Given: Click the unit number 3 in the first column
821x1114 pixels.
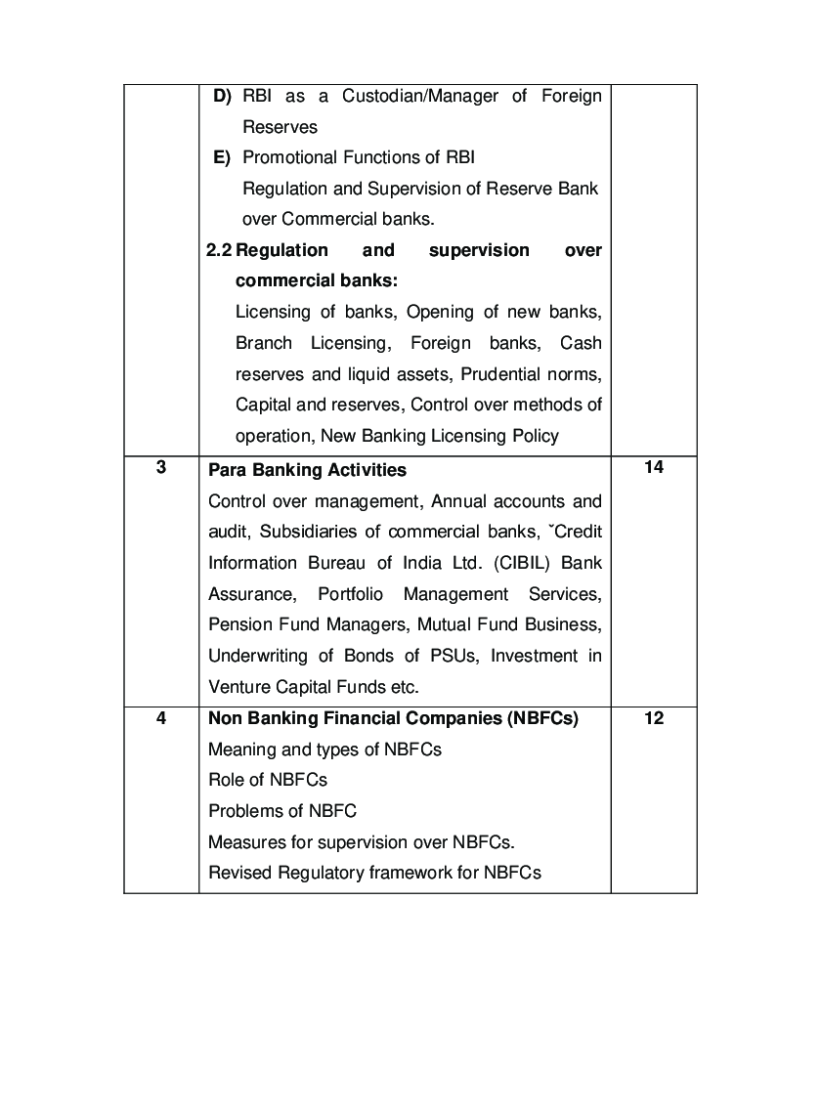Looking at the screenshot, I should coord(160,467).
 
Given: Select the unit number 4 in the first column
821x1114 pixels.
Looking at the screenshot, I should coord(160,718).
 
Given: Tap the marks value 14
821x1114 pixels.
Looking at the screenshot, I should coord(654,467).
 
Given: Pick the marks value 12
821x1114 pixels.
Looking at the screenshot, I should coord(654,718).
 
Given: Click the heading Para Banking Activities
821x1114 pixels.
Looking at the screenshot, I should coord(307,470).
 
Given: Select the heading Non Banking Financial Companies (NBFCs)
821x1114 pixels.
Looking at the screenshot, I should coord(393,718).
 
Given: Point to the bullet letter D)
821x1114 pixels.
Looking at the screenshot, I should coord(222,96).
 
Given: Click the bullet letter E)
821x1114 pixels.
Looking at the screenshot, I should coord(221,157).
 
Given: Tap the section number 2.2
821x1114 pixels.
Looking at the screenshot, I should coord(219,250).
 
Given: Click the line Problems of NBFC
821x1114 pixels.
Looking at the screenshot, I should coord(281,811).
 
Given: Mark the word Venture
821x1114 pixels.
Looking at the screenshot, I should coord(237,686).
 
